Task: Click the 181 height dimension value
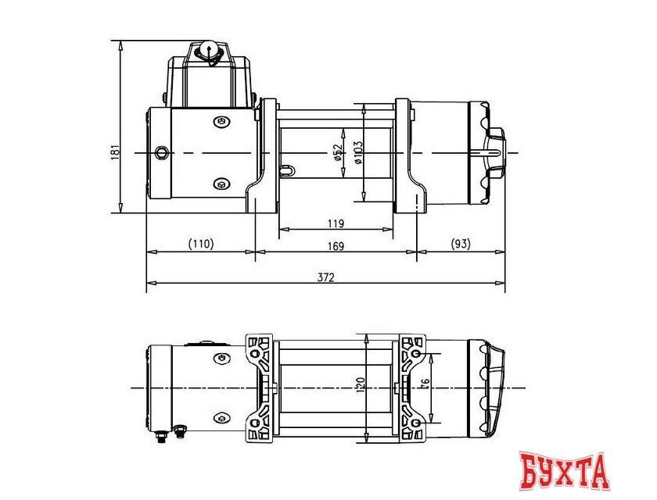tap(114, 152)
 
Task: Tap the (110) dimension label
tap(200, 244)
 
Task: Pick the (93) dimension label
tap(461, 244)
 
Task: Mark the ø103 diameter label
tap(357, 152)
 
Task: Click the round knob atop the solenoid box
tap(210, 50)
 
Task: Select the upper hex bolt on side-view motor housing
tap(221, 121)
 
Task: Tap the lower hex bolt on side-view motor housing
tap(221, 184)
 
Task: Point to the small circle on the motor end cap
tap(161, 152)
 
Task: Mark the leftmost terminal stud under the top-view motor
tap(161, 436)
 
